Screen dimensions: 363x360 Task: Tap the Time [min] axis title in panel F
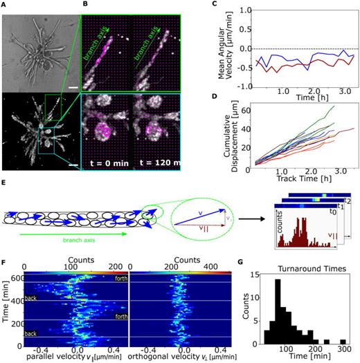pyautogui.click(x=6, y=304)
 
